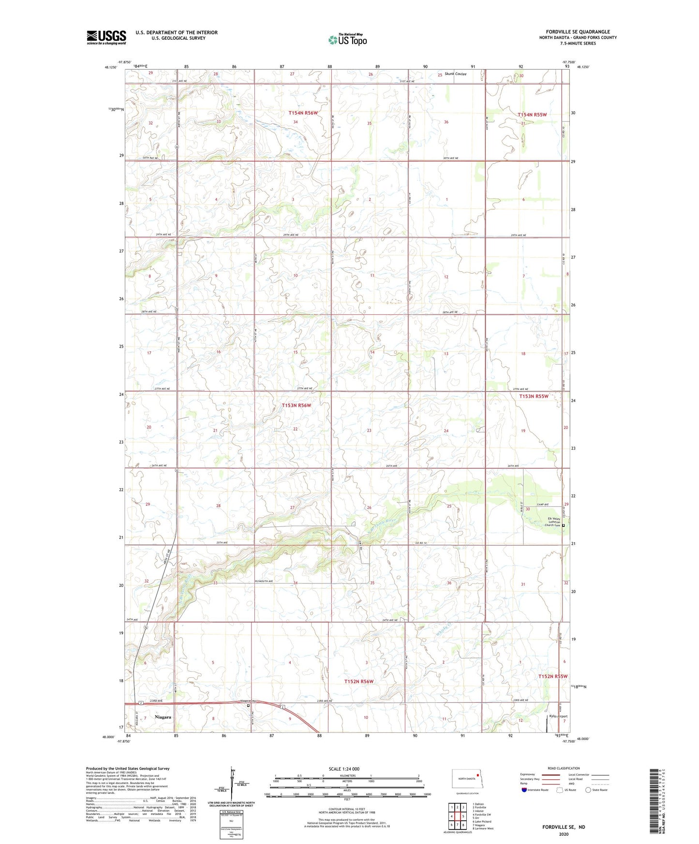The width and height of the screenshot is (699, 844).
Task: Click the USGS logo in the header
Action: coord(106,37)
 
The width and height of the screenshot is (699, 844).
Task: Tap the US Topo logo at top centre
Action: coord(347,40)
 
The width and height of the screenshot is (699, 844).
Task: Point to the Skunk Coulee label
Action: coord(456,74)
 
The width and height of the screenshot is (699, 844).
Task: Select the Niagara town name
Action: coord(163,717)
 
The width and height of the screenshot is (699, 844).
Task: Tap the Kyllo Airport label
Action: coord(558,716)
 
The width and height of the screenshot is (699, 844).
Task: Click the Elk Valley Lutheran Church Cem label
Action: coord(552,522)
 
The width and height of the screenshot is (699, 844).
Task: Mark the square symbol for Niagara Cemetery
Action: coord(249,706)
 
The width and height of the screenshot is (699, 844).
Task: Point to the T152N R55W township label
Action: coord(553,676)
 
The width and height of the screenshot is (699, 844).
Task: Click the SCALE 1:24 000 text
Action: coord(344,769)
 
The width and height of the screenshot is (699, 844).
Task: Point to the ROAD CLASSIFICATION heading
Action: coord(564,768)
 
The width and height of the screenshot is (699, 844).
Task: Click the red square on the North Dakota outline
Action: coord(478,774)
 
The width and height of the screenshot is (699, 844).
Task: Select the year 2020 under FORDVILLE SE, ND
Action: coord(563,834)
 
